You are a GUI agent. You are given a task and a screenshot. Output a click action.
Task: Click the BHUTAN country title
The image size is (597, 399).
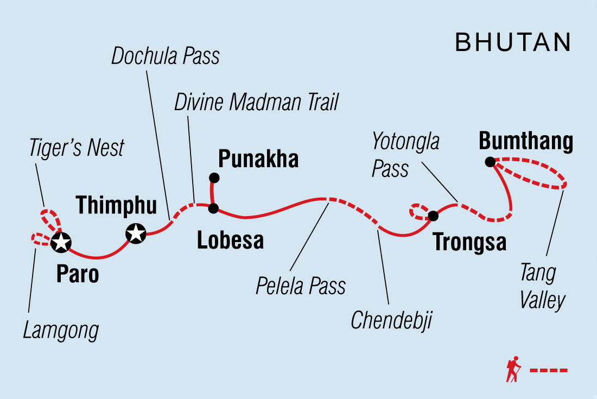(513, 42)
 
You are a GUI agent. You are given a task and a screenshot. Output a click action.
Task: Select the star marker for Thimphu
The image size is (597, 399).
(135, 234)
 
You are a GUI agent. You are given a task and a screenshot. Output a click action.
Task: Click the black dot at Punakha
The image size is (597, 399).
(214, 178)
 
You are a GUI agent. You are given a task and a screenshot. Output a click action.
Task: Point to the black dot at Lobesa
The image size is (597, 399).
(213, 208)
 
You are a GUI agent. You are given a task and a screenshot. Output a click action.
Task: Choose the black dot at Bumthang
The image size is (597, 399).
(490, 161)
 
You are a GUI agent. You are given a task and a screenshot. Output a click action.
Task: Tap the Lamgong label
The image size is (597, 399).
(61, 330)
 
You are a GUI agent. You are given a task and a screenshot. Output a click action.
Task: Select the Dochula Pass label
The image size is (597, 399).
(166, 56)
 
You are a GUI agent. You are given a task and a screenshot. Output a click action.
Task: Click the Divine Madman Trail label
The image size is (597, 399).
(256, 102)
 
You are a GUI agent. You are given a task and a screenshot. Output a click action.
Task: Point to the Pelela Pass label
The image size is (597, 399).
(301, 285)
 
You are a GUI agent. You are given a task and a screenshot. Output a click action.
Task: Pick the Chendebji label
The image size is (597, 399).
(391, 320)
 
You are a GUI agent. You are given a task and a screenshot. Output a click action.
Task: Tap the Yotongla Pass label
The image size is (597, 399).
(405, 156)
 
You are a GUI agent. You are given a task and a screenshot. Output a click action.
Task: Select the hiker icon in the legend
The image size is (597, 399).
(513, 370)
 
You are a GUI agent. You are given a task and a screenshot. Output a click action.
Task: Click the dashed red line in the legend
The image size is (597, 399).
(549, 370)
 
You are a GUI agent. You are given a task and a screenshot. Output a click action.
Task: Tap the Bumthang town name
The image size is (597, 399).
(526, 142)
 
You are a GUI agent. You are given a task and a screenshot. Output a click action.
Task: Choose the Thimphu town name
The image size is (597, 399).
(116, 205)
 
